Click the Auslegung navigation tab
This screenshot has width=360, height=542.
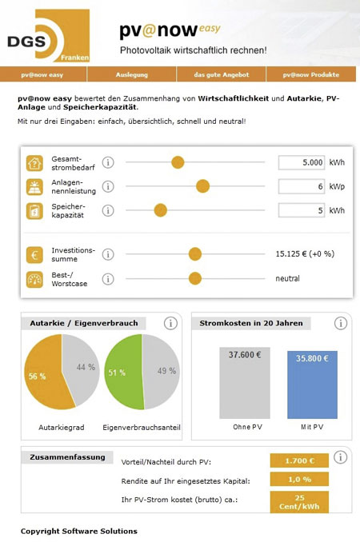pyautogui.click(x=131, y=74)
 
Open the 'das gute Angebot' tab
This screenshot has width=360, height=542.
pyautogui.click(x=222, y=74)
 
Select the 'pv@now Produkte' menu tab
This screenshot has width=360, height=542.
pyautogui.click(x=311, y=74)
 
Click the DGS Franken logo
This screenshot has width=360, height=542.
pyautogui.click(x=49, y=36)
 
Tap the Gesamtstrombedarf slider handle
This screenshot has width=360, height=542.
pyautogui.click(x=178, y=162)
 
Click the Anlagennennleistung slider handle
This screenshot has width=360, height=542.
pyautogui.click(x=202, y=186)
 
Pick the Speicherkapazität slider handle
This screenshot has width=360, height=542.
pyautogui.click(x=161, y=210)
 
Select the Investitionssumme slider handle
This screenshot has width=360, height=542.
pyautogui.click(x=195, y=254)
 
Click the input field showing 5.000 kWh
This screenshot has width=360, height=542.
pyautogui.click(x=302, y=162)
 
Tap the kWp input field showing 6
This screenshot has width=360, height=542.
pyautogui.click(x=302, y=186)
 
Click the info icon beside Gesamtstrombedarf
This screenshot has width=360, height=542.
pyautogui.click(x=108, y=162)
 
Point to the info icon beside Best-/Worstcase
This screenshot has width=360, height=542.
pyautogui.click(x=108, y=279)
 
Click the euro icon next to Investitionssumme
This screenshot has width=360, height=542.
pyautogui.click(x=34, y=255)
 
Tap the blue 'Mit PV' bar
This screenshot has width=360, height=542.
pyautogui.click(x=312, y=385)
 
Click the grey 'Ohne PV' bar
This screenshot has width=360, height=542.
pyautogui.click(x=245, y=383)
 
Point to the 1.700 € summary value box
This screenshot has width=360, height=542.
pyautogui.click(x=299, y=460)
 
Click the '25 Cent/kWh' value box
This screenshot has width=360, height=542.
pyautogui.click(x=299, y=502)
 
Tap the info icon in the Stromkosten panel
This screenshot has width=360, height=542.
pyautogui.click(x=341, y=323)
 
